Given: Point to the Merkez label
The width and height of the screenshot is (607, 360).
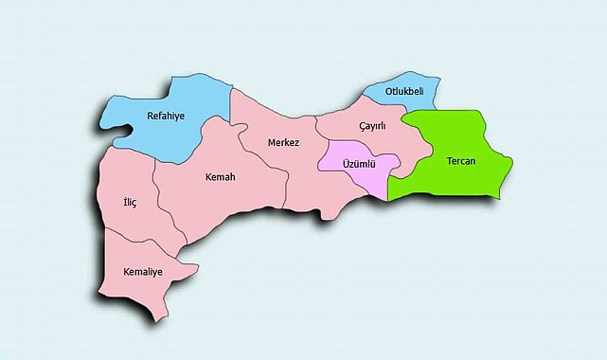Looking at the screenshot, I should point(283,142).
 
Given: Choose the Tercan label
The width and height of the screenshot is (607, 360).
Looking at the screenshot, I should point(461,161).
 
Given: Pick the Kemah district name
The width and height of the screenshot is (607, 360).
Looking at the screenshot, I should point(220,177).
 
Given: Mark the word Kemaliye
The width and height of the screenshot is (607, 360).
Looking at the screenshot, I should point(143,272).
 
